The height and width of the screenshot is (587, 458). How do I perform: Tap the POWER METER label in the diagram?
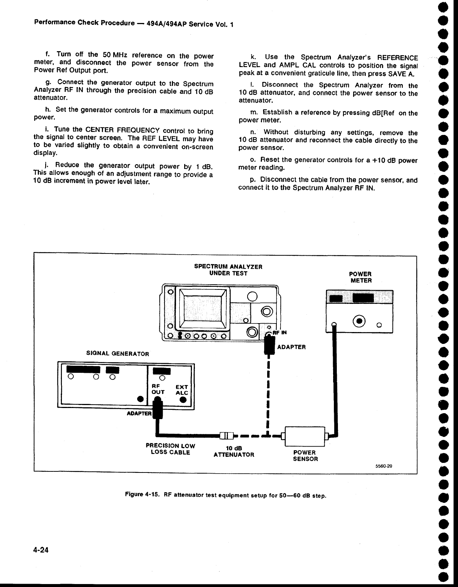coord(361,277)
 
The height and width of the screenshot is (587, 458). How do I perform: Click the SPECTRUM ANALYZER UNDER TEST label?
coord(228,270)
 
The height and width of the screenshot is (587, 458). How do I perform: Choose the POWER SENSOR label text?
coord(305,455)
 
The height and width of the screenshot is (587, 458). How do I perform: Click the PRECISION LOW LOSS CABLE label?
coord(170,449)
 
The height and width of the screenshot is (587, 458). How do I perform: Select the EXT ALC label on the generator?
coord(182,390)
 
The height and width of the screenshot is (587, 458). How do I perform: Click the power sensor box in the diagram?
coord(304,436)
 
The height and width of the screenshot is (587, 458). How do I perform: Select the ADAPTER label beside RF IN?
coord(291,347)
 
